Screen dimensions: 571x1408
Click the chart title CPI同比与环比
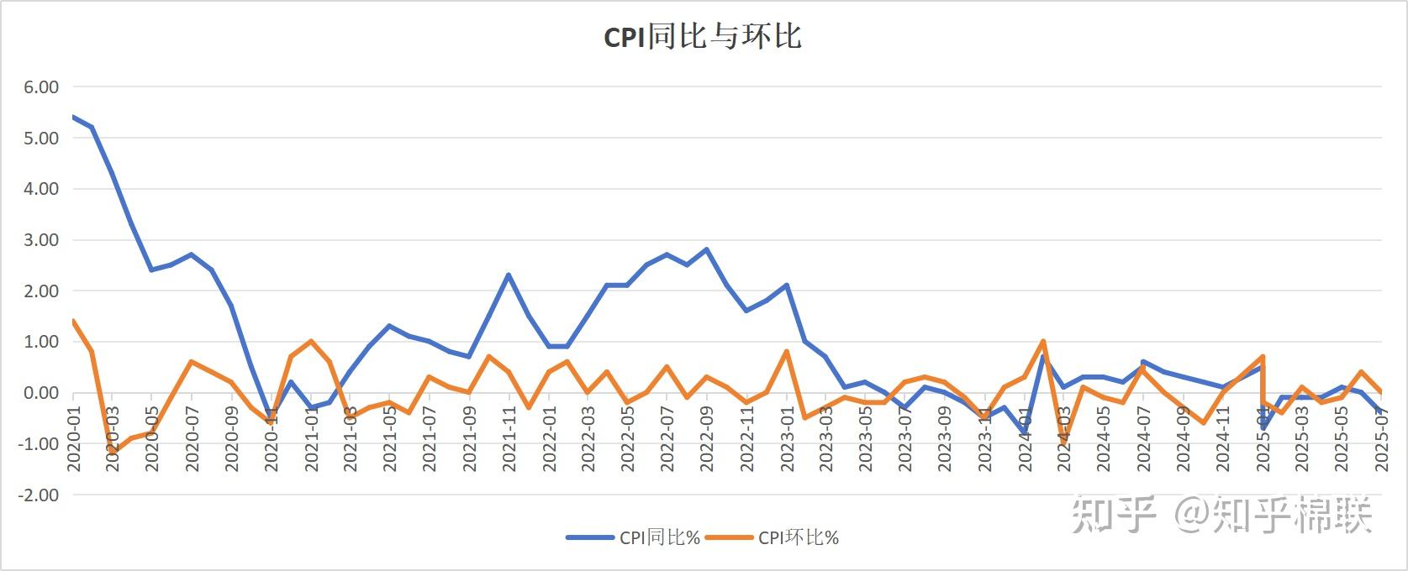[x=703, y=37]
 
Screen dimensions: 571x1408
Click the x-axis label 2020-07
[x=192, y=439]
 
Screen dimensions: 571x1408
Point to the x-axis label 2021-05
[x=390, y=439]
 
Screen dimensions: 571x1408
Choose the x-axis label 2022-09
[x=707, y=439]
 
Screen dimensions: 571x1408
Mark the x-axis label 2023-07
[x=905, y=439]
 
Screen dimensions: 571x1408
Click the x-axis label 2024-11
[x=1222, y=439]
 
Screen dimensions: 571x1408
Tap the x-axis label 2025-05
[x=1342, y=439]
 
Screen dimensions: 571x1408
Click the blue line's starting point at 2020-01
[x=72, y=117]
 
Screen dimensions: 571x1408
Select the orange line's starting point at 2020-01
[x=72, y=321]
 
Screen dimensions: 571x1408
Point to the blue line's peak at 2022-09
[x=706, y=249]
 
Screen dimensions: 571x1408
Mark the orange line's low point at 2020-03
[x=112, y=452]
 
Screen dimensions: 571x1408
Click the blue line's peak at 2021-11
[x=509, y=275]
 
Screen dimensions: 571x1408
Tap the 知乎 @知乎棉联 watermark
[x=1221, y=514]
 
